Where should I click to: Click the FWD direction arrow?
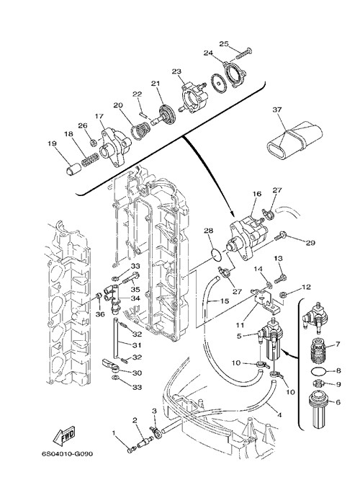64,435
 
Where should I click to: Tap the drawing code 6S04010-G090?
67,454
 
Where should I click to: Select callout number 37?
276,110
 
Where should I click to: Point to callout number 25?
224,43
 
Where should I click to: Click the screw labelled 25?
244,53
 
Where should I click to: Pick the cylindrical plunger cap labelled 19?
73,168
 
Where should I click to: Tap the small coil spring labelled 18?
90,159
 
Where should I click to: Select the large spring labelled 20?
140,131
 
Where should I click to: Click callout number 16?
256,194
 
